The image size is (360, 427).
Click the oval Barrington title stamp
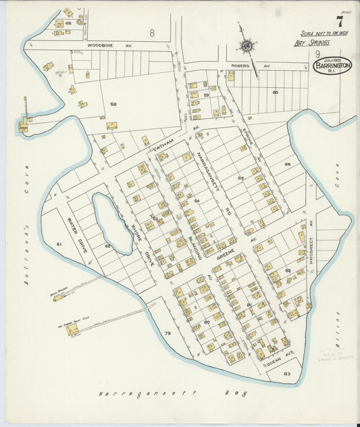point(332,66)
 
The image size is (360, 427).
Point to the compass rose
point(247,46)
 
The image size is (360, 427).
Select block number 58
point(113,104)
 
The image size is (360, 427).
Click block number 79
point(167,334)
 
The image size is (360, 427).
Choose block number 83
point(286,373)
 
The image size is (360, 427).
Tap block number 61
point(59,243)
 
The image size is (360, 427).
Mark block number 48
point(68,23)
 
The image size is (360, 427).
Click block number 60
point(275,92)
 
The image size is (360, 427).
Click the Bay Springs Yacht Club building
point(72,329)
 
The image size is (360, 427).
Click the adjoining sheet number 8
point(152,32)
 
